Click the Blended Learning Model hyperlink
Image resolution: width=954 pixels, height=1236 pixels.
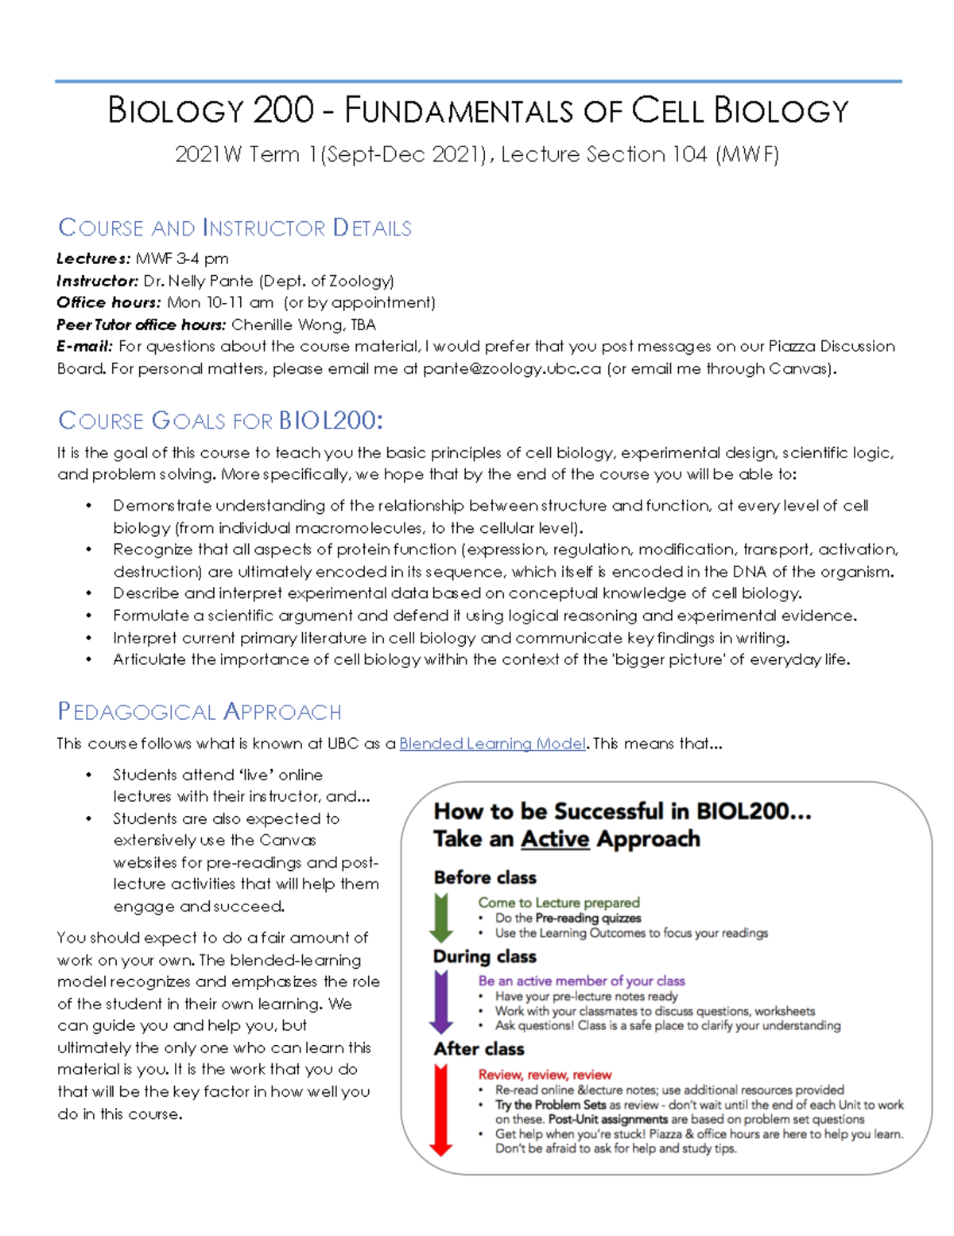point(492,744)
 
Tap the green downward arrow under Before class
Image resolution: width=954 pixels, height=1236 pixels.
point(441,917)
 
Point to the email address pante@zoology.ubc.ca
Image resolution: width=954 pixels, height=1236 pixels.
point(511,368)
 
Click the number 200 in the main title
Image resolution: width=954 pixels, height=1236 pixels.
point(283,111)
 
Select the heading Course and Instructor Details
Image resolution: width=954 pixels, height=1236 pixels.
point(235,228)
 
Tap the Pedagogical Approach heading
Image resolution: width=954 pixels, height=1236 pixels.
point(200,712)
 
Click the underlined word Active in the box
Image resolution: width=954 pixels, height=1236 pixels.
point(555,839)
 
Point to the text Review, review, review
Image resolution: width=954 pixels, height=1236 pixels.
point(545,1075)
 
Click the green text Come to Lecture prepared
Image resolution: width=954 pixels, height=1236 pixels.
point(558,903)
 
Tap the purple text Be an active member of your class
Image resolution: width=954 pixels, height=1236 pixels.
point(581,981)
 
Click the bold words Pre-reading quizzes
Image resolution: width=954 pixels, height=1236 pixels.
point(588,918)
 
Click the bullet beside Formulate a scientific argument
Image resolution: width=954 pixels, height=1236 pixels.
point(89,616)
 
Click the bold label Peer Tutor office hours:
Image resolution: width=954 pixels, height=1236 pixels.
point(141,325)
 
